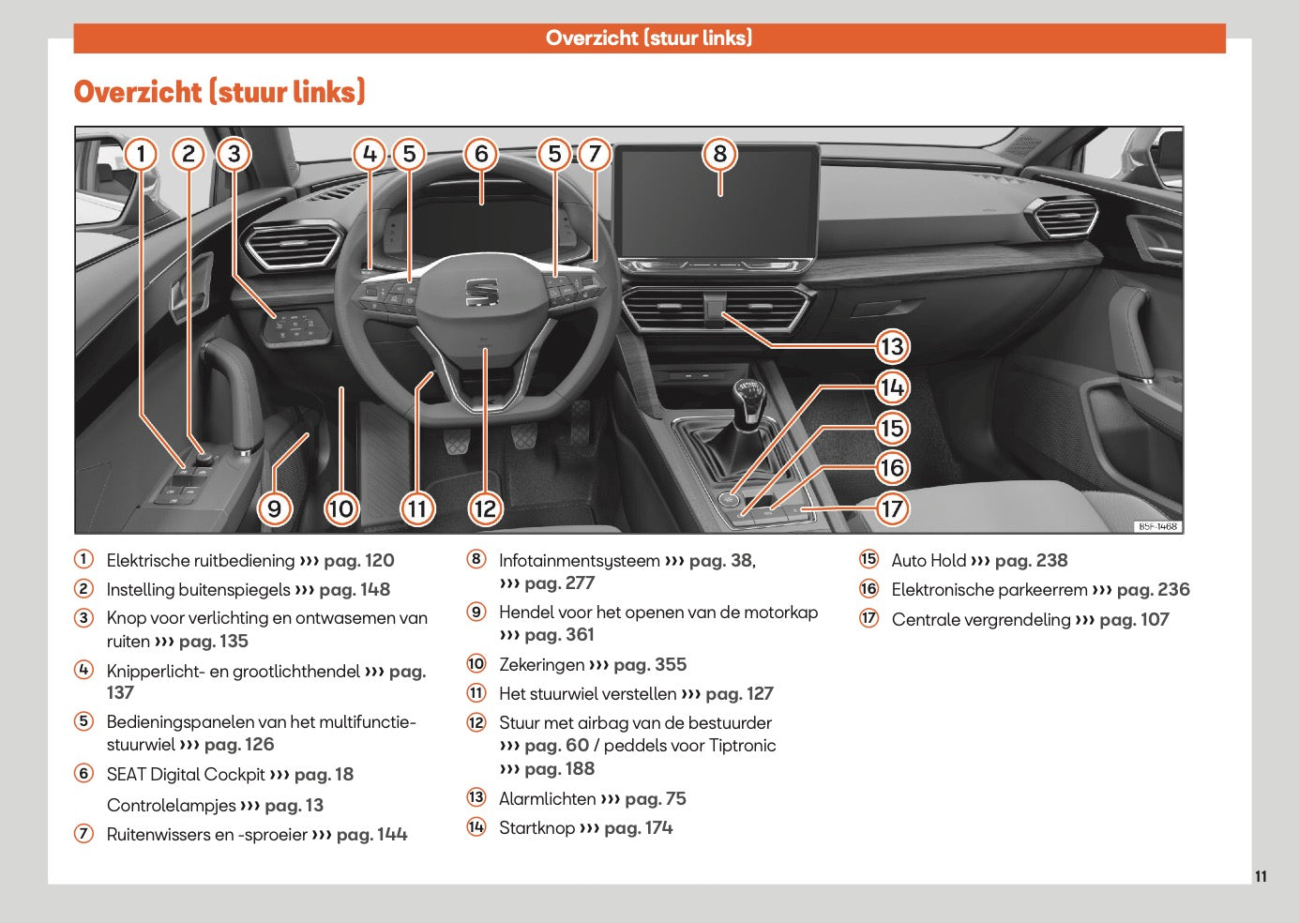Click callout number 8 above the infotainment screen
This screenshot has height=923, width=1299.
pos(719,154)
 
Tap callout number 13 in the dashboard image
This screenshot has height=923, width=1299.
pos(891,347)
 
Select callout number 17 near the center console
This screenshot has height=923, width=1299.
pos(891,509)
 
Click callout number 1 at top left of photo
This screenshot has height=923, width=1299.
pos(141,154)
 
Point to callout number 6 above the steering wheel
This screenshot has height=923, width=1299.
pos(481,154)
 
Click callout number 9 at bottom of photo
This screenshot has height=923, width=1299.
pos(274,509)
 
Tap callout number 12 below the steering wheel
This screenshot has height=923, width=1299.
pos(485,509)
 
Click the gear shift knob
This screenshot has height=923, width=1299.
pos(748,393)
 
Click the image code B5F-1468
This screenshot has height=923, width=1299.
pos(1157,526)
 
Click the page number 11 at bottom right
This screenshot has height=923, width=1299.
pos(1261,876)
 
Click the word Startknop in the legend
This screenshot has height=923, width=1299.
pos(536,828)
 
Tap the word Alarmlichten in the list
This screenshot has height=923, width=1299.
pos(547,799)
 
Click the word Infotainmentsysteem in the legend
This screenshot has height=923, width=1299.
pos(579,561)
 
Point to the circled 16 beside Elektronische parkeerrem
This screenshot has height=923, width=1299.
pos(869,589)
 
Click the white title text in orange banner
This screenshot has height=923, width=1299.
pos(649,38)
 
